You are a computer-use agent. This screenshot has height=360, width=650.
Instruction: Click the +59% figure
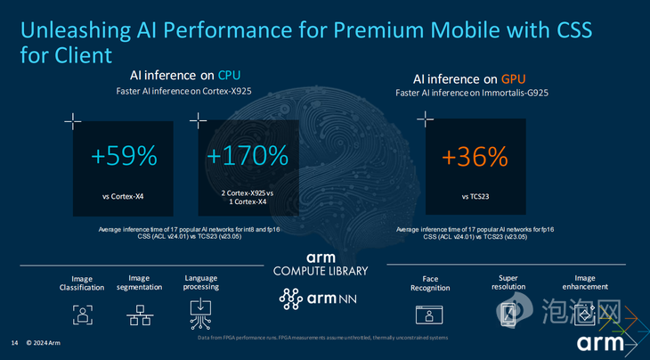pyautogui.click(x=124, y=157)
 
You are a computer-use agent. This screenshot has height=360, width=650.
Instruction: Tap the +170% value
pyautogui.click(x=248, y=157)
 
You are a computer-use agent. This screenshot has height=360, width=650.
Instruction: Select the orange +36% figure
pyautogui.click(x=475, y=157)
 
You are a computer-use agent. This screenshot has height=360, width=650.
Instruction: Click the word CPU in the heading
pyautogui.click(x=229, y=75)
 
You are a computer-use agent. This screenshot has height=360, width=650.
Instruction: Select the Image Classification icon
pyautogui.click(x=83, y=315)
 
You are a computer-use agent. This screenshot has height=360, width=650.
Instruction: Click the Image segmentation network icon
pyautogui.click(x=138, y=315)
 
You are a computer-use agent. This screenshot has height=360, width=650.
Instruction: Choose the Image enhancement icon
pyautogui.click(x=586, y=313)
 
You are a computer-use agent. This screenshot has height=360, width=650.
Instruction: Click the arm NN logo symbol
pyautogui.click(x=292, y=300)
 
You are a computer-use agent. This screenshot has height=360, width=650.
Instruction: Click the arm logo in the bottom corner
pyautogui.click(x=601, y=344)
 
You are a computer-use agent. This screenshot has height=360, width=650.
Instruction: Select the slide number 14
pyautogui.click(x=14, y=343)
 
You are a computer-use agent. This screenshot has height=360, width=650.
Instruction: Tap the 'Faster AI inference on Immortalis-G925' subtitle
pyautogui.click(x=475, y=92)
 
